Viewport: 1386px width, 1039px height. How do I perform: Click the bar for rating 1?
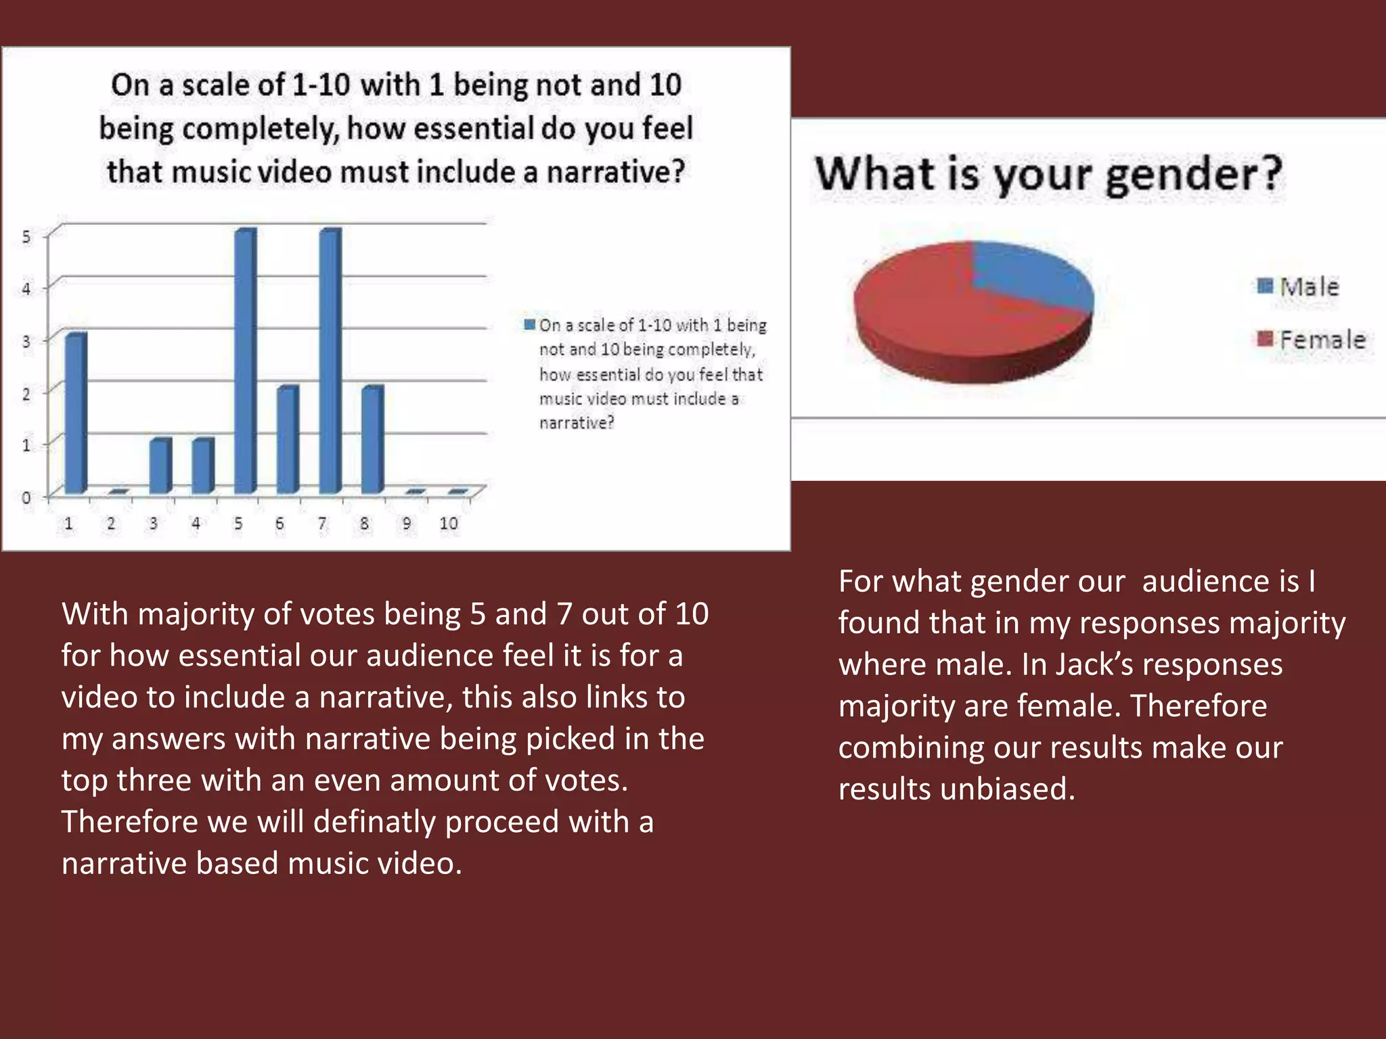click(x=75, y=413)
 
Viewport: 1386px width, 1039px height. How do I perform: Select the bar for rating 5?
click(x=244, y=361)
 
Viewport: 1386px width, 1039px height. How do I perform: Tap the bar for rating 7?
click(x=330, y=361)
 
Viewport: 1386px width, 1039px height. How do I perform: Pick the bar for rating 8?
click(x=372, y=439)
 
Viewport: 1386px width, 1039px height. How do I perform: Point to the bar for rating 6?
click(x=287, y=439)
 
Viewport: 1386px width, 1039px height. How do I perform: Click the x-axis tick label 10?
click(x=449, y=524)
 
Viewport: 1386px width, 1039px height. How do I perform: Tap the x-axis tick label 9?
click(x=407, y=524)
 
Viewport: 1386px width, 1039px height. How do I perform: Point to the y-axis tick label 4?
click(x=26, y=289)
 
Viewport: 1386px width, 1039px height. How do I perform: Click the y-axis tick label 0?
click(x=26, y=498)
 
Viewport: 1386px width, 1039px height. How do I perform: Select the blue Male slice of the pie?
click(x=1029, y=274)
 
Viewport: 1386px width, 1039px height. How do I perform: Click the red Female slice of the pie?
click(x=947, y=318)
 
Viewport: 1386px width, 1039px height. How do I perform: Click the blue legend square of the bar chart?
click(x=530, y=325)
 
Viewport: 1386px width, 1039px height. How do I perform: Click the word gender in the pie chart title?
click(x=1192, y=175)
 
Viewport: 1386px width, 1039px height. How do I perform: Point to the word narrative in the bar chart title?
click(x=615, y=172)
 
